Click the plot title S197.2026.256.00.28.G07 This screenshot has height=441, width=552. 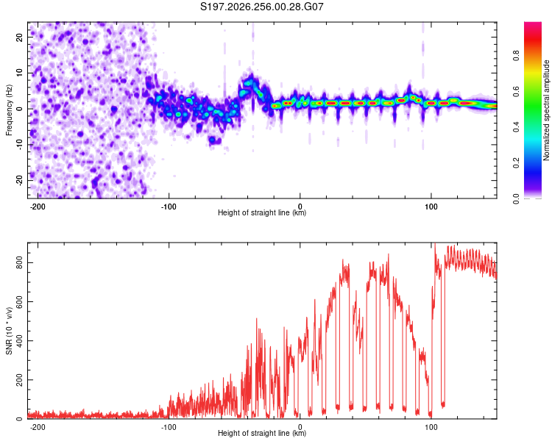(261, 7)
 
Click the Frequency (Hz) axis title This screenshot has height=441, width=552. (9, 110)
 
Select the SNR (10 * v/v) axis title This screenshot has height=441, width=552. (9, 331)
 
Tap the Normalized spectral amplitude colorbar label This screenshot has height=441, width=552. (546, 110)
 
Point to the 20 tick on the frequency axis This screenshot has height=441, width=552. (19, 37)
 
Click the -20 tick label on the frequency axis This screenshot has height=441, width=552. (19, 180)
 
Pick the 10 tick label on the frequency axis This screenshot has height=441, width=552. (19, 73)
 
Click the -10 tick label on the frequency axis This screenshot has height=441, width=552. (19, 145)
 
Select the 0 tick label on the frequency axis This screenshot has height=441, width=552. (19, 109)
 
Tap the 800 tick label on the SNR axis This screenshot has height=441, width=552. (19, 262)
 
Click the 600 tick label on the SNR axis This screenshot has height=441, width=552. (19, 302)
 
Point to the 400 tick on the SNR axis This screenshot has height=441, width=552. (19, 341)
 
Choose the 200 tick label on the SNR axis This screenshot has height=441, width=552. (19, 380)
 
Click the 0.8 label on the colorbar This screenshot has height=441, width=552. (516, 56)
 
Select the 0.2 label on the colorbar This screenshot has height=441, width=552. (516, 163)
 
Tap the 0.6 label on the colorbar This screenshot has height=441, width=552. (516, 91)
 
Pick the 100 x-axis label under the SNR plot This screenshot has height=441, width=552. (431, 427)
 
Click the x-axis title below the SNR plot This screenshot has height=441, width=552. (262, 433)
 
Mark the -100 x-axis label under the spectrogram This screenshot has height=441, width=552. (169, 207)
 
